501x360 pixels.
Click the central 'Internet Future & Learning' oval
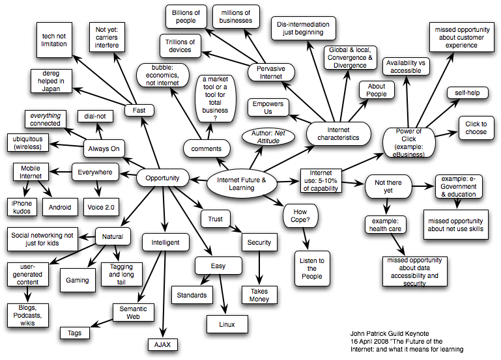(241, 184)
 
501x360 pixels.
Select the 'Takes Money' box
(259, 295)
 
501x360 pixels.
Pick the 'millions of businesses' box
(236, 16)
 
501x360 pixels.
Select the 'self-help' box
(467, 93)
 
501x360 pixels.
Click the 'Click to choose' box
(476, 128)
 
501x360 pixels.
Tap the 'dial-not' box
(96, 117)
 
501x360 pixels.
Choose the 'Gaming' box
(78, 280)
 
